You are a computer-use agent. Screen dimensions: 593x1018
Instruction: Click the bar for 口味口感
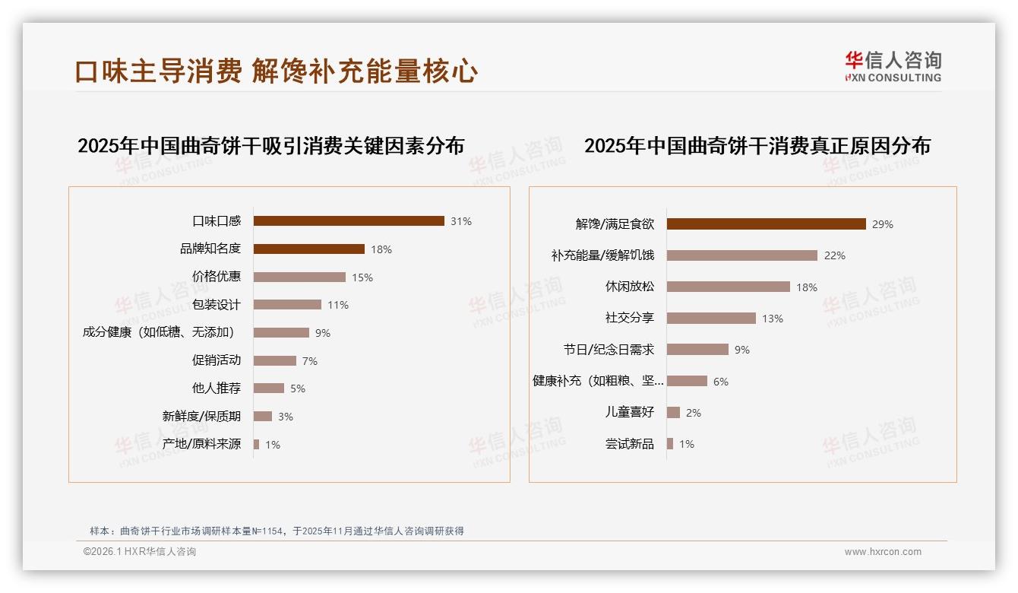click(349, 221)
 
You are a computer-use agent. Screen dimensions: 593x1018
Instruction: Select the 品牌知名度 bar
click(308, 249)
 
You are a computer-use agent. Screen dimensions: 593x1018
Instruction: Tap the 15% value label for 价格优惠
click(362, 277)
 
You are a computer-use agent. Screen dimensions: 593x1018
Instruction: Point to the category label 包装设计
click(217, 305)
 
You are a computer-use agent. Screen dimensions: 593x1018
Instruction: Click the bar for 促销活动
click(275, 360)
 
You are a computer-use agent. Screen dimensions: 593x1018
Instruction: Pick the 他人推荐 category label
click(217, 388)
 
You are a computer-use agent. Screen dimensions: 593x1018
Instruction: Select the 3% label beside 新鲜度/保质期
click(286, 417)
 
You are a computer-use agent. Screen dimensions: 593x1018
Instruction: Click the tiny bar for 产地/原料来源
click(257, 444)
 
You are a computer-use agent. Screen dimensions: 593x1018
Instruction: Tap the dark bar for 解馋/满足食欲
click(766, 224)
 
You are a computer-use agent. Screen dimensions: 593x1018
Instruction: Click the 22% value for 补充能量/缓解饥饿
click(835, 255)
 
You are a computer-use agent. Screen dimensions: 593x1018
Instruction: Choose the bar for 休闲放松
click(728, 287)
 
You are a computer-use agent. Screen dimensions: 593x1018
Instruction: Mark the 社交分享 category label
click(629, 319)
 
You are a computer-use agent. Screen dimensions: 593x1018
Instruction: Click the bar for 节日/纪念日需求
click(697, 350)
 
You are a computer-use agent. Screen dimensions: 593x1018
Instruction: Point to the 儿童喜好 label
click(629, 413)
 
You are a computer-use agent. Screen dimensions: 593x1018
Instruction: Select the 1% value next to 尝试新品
click(687, 444)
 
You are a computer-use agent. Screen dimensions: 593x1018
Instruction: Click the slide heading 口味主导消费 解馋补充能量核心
click(276, 71)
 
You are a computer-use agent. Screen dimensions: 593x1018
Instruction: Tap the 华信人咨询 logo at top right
click(893, 66)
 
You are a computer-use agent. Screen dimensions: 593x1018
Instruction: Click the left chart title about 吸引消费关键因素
click(270, 145)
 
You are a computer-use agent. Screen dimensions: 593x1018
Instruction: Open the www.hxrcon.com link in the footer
click(883, 552)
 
